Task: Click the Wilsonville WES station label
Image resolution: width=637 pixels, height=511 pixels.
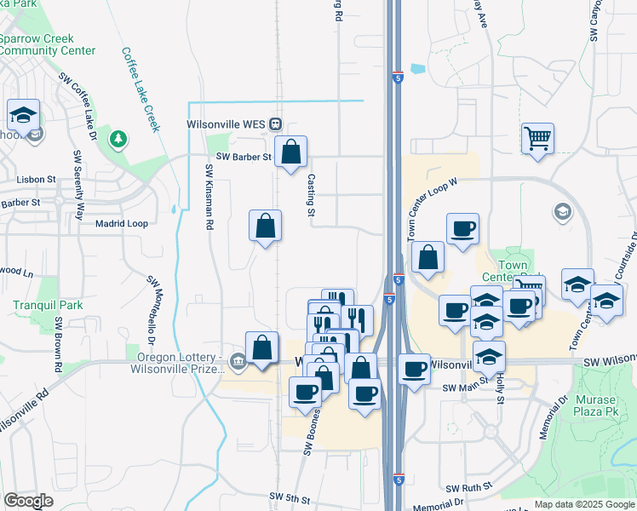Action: point(226,123)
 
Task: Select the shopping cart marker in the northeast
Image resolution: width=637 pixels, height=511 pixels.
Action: point(537,137)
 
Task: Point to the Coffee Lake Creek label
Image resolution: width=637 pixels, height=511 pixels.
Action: point(141,89)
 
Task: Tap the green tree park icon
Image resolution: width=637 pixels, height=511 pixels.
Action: point(119,139)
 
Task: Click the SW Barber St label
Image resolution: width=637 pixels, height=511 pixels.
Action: point(243,157)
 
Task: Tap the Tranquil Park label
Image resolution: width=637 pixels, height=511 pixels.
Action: point(36,305)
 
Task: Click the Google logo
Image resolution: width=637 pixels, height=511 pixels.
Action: point(28,501)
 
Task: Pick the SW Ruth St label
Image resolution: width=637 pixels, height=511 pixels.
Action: point(469,488)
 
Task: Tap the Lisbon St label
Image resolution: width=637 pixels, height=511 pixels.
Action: point(36,180)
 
